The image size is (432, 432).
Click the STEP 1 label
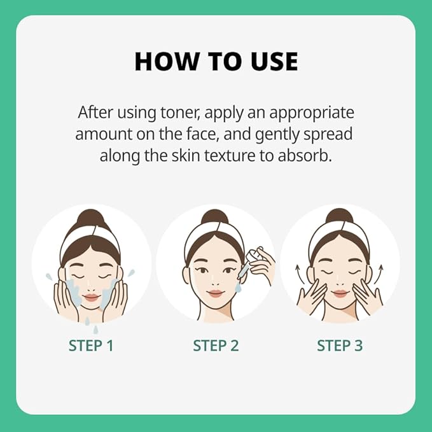(x=91, y=345)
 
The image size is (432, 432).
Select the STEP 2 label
(x=216, y=345)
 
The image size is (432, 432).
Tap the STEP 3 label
(x=340, y=345)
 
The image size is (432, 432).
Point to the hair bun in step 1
(x=92, y=218)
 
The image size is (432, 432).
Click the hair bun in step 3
(x=340, y=216)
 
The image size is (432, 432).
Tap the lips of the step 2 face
(x=216, y=293)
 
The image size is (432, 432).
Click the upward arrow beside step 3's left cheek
(x=300, y=275)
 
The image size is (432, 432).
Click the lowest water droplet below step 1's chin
(x=95, y=330)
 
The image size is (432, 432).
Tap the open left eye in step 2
(x=203, y=270)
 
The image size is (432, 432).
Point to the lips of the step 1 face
(x=91, y=297)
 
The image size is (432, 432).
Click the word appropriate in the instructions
(x=312, y=113)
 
